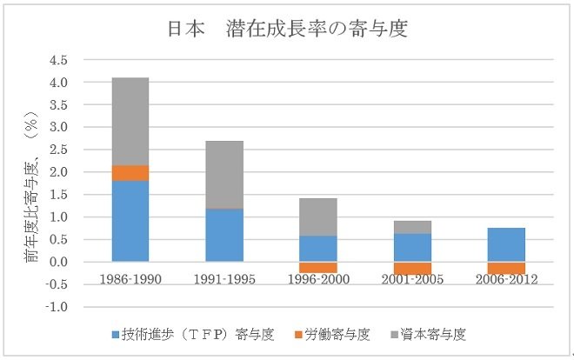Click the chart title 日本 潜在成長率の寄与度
(x=287, y=28)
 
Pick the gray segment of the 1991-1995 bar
(x=224, y=174)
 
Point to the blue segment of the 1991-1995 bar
(x=224, y=235)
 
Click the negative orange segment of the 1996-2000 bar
(x=318, y=267)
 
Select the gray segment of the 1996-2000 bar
(x=318, y=217)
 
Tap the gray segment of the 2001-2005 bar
(x=412, y=227)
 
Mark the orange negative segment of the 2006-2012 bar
(x=506, y=268)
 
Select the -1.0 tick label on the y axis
(x=58, y=307)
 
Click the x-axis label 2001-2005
(x=412, y=280)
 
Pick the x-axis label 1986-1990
(x=130, y=280)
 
